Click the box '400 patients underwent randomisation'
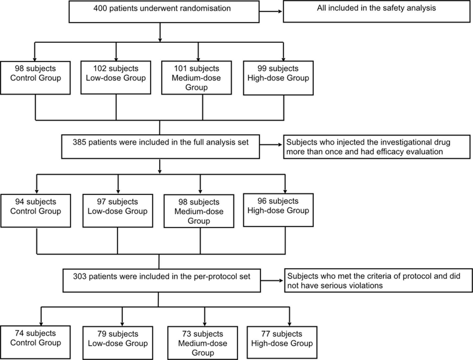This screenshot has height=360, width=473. point(164,12)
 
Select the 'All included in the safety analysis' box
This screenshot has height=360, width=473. point(377,12)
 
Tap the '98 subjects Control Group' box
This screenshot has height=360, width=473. point(35,78)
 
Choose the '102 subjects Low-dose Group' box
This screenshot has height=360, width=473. point(116,78)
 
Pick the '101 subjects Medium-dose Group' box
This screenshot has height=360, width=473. point(197,78)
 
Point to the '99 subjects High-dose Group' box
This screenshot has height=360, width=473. point(278,78)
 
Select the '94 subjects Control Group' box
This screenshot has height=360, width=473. point(36,211)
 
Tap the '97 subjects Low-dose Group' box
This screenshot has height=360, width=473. point(118,211)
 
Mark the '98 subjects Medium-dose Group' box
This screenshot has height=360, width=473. point(199,211)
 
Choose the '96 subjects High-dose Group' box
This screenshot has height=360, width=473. point(278,210)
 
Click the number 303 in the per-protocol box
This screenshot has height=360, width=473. point(80,276)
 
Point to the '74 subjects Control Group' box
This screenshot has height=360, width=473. point(35,342)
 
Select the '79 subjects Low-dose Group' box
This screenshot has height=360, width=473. point(118,343)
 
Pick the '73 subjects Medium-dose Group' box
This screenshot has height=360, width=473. point(203,343)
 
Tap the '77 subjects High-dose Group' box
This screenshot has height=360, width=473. point(282,342)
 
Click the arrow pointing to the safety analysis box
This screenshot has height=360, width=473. point(271,12)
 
